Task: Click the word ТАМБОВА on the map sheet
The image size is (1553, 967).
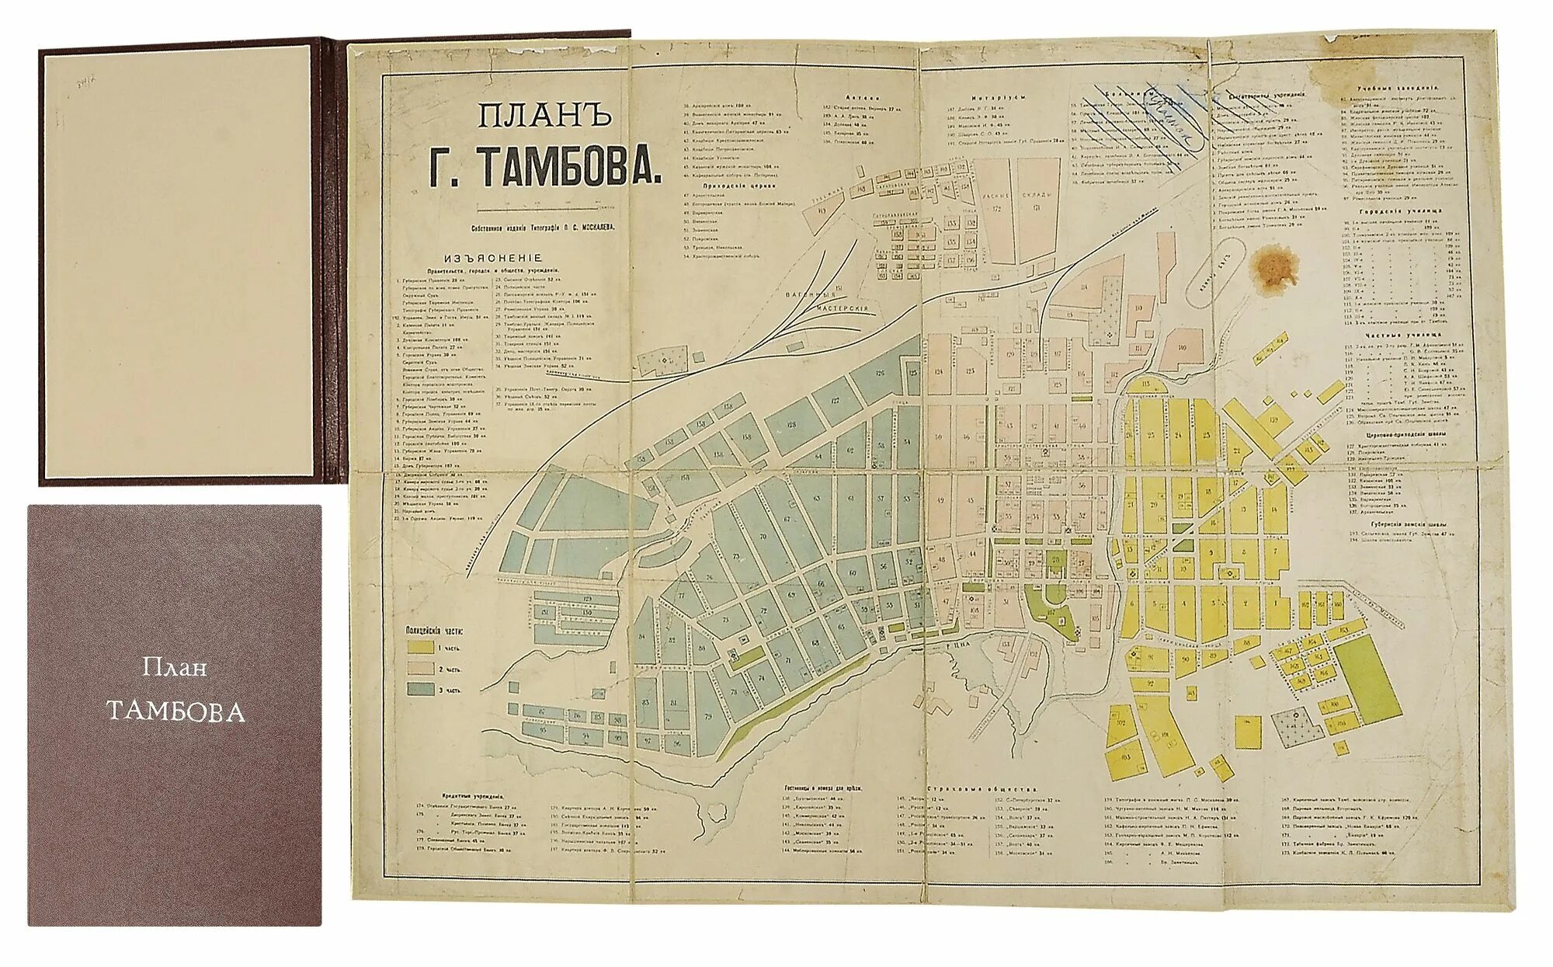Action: point(566,165)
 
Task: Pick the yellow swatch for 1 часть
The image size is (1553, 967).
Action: point(422,646)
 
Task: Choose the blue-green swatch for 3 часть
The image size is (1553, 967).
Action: point(422,689)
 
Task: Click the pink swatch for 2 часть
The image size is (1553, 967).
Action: point(422,668)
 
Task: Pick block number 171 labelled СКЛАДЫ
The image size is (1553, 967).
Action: point(1037,207)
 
